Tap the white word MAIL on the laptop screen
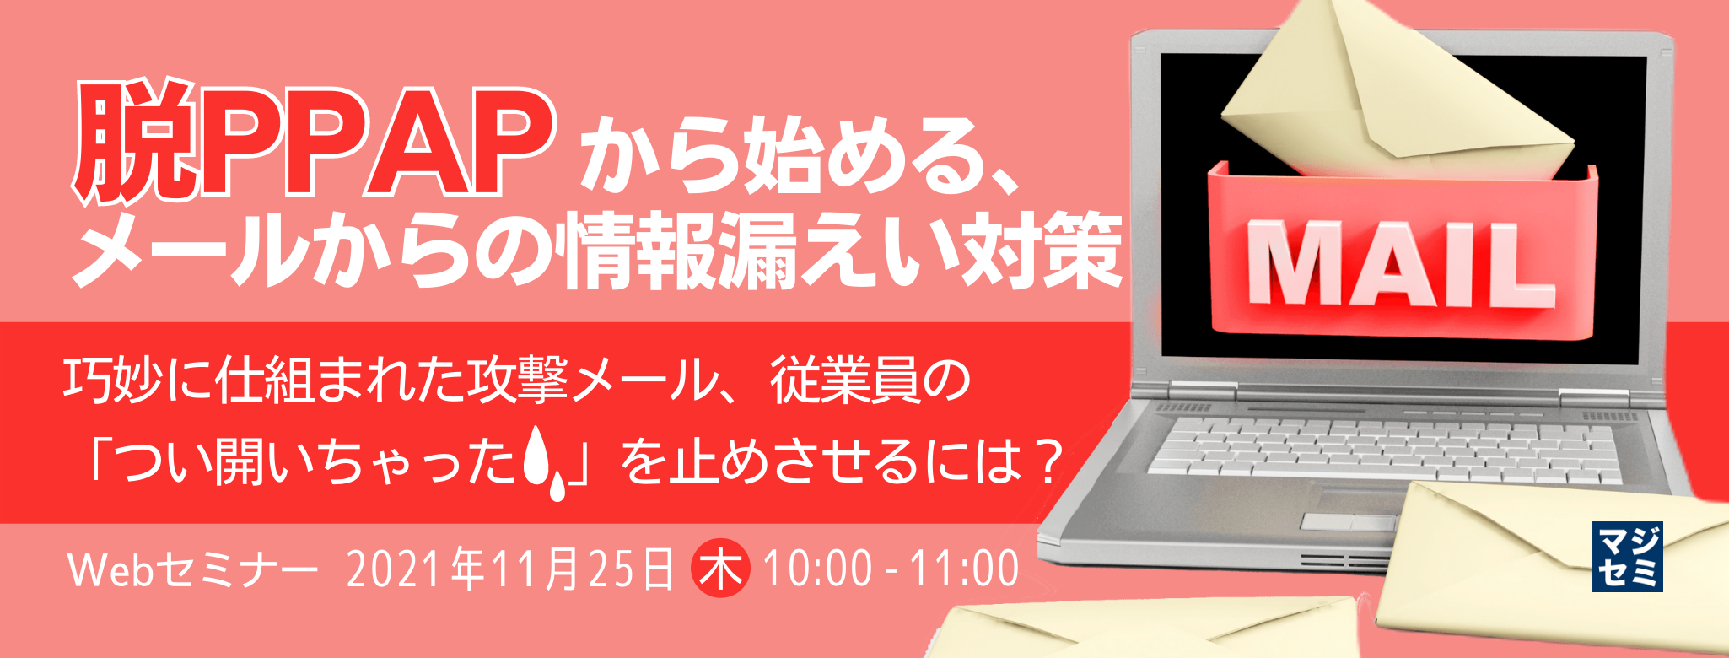[x=1400, y=264]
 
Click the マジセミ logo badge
[x=1627, y=556]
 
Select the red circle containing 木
[x=720, y=568]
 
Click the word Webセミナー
[x=192, y=569]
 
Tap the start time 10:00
[x=817, y=569]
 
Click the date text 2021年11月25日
[x=510, y=569]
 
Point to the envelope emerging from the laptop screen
[x=1383, y=93]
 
